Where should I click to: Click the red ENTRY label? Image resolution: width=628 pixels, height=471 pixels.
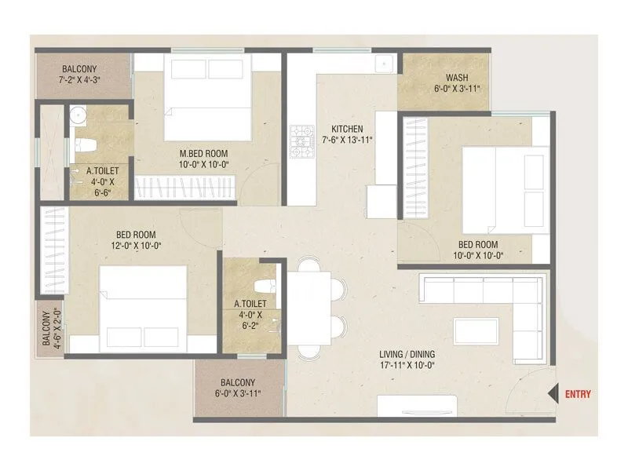point(579,394)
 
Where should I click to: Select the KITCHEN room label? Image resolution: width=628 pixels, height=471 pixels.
point(346,128)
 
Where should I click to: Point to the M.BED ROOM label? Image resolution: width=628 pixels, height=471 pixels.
point(202,153)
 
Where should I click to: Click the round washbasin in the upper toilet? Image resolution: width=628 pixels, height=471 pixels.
point(77,115)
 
